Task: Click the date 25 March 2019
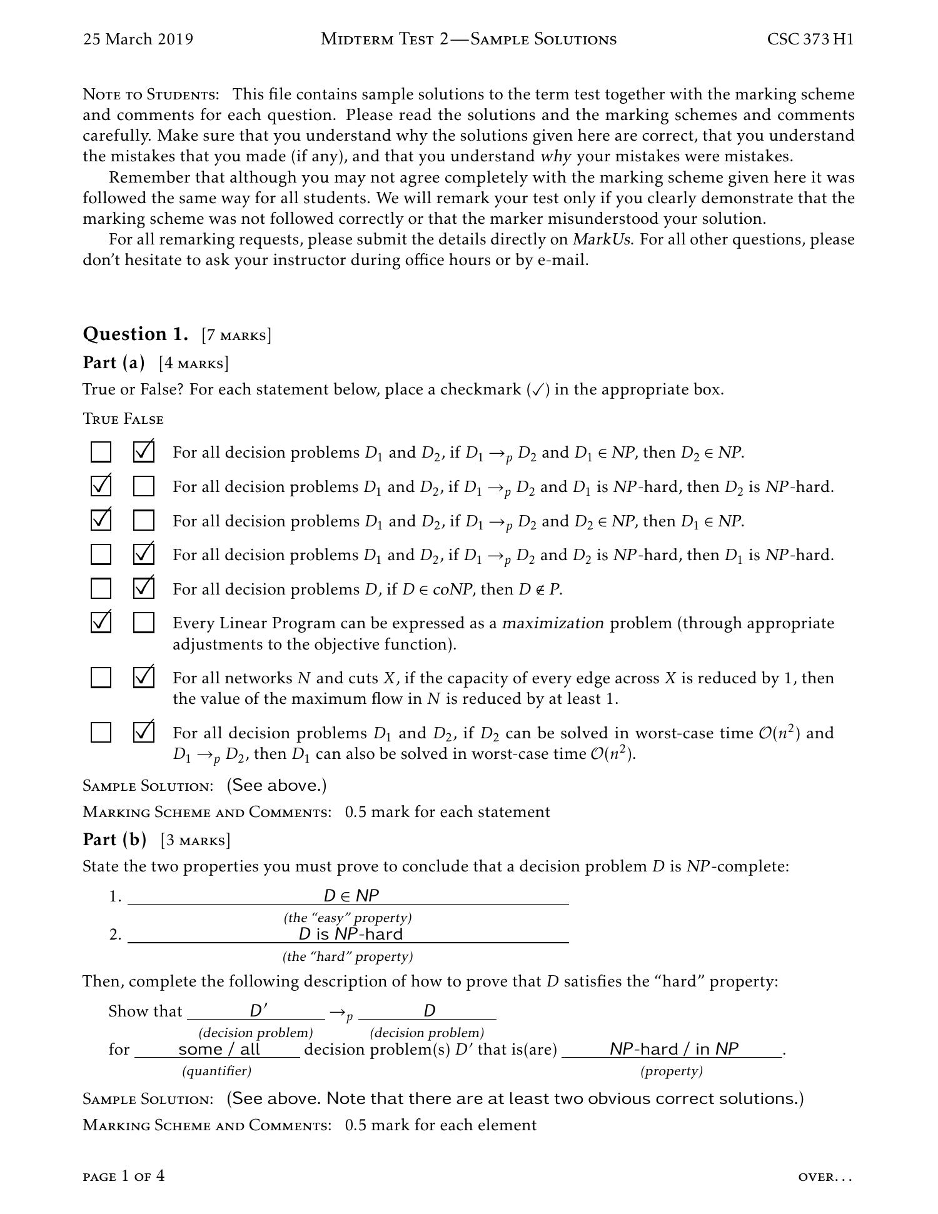[x=138, y=39]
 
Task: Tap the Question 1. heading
[x=135, y=334]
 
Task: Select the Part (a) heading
[x=113, y=363]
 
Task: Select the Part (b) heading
[x=114, y=839]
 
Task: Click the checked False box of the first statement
[x=144, y=451]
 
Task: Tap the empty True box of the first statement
[x=101, y=451]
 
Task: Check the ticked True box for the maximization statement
[x=101, y=623]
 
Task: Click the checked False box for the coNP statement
[x=144, y=588]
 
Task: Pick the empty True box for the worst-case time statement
[x=101, y=732]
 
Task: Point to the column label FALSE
[x=143, y=419]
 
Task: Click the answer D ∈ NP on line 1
[x=351, y=895]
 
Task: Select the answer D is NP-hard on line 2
[x=351, y=934]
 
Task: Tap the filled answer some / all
[x=219, y=1049]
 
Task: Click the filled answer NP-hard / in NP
[x=674, y=1049]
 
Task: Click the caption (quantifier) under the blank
[x=216, y=1071]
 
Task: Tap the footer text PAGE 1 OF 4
[x=124, y=1176]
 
